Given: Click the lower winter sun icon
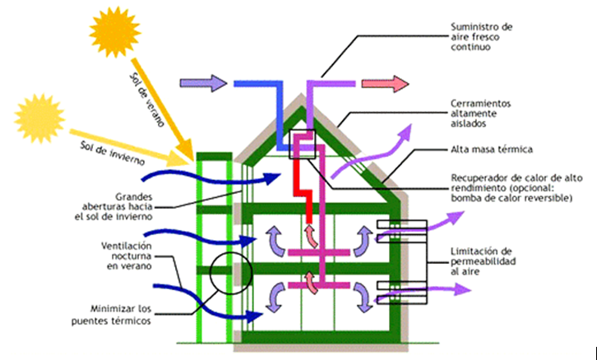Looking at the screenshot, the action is point(39,118).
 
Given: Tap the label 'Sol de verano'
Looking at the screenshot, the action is point(147,99).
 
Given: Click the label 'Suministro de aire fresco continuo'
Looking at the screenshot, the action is point(481,37).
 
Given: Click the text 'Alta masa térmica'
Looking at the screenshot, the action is point(491,150).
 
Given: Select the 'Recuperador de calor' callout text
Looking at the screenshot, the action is point(516,188).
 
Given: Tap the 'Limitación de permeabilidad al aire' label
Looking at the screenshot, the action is point(484,261).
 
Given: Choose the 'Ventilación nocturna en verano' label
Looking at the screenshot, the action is point(127,256).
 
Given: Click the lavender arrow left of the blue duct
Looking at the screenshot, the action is point(203,83).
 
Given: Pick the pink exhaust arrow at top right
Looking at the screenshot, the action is point(385,84).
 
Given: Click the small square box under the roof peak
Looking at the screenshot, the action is point(303,144).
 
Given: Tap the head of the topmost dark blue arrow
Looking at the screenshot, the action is point(273,178).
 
